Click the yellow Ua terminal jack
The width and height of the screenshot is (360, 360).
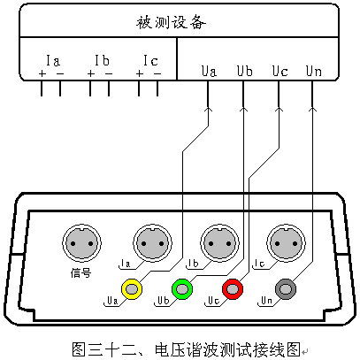132,289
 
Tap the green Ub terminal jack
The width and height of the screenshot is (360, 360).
182,289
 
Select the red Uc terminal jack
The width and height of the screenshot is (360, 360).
233,289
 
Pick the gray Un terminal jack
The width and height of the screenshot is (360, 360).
286,289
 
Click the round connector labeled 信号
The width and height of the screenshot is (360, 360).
81,243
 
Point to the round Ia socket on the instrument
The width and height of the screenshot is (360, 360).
152,243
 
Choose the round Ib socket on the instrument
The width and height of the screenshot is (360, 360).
219,243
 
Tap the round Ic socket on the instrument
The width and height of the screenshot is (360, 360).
286,243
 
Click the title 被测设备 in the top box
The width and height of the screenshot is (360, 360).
171,22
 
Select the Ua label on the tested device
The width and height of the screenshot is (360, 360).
209,72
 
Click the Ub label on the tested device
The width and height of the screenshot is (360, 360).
245,72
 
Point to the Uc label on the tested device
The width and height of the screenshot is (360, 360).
280,72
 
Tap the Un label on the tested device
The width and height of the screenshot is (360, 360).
314,72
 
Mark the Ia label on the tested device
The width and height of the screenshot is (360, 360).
53,61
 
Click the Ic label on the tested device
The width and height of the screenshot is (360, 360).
150,61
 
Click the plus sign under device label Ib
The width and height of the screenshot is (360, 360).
91,73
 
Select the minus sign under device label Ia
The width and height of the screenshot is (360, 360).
60,73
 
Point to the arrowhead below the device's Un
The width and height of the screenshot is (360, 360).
312,109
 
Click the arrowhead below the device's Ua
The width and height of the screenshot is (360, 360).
208,109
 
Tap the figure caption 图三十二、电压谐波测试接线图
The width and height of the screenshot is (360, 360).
187,349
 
